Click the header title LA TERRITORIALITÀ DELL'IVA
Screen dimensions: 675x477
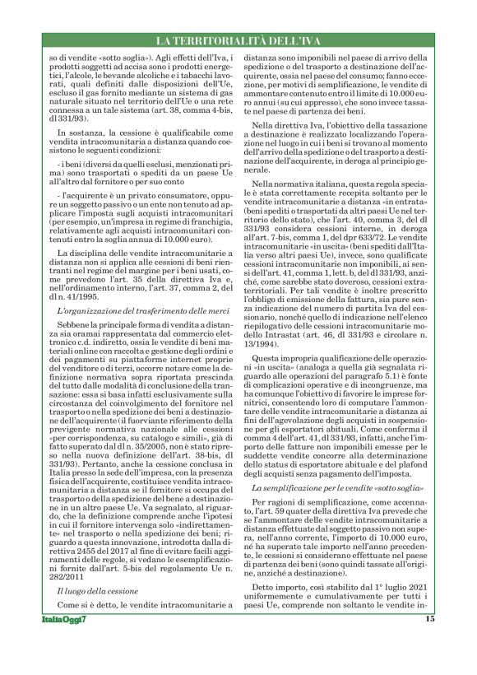click(x=238, y=41)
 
